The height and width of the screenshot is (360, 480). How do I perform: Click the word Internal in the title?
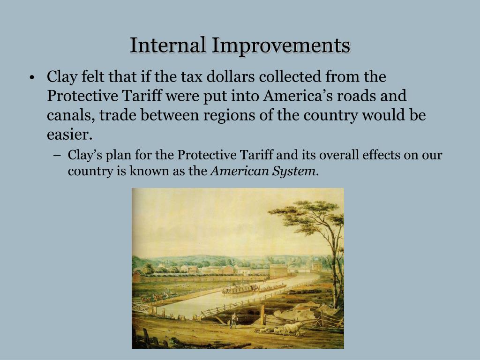(x=168, y=45)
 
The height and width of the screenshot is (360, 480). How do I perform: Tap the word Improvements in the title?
(x=281, y=45)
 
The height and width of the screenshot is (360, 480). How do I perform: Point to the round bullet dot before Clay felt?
(x=31, y=78)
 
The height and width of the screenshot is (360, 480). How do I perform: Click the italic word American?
(x=239, y=171)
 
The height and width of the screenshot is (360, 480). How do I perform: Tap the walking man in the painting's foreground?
(x=233, y=320)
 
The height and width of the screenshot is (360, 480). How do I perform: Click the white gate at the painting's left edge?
(x=140, y=307)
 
